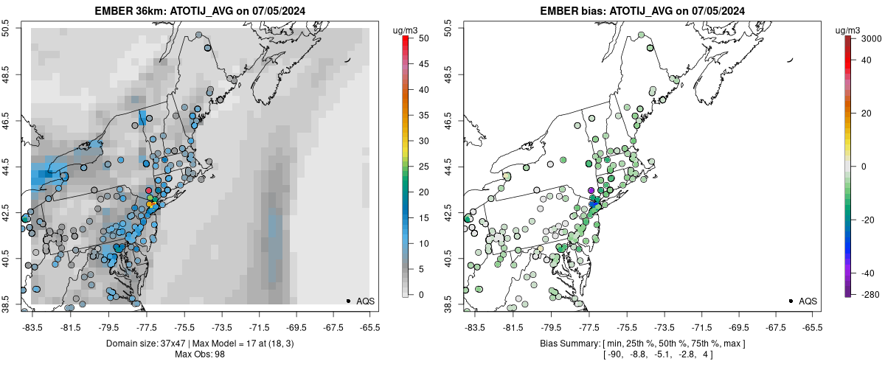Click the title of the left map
[199, 11]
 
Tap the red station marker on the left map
[149, 190]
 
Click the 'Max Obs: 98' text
[199, 355]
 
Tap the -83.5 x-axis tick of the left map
[32, 327]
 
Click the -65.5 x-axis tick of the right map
[812, 327]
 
